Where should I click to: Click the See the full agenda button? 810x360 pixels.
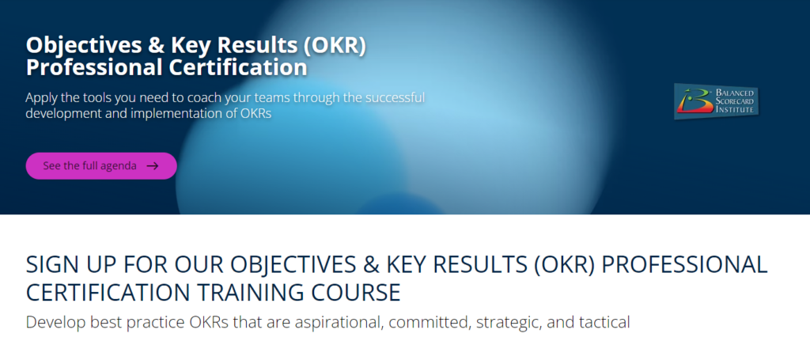(x=101, y=166)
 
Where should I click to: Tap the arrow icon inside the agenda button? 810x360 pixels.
(x=153, y=166)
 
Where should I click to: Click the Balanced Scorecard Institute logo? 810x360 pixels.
(x=716, y=101)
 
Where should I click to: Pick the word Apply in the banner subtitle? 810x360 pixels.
(x=40, y=98)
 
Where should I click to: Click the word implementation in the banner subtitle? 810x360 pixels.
(x=184, y=113)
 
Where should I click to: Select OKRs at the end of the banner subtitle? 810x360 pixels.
(x=256, y=113)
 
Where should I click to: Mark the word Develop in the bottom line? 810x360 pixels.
(x=55, y=323)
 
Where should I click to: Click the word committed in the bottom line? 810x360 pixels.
(x=430, y=322)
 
